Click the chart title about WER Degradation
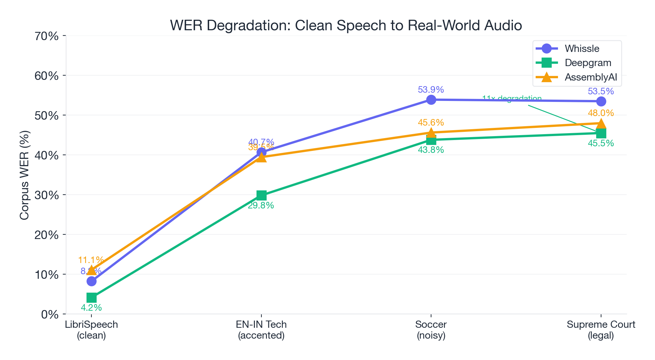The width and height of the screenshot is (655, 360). point(346,26)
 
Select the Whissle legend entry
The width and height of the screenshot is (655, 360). point(582,49)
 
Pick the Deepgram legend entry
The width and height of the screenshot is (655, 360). point(588,63)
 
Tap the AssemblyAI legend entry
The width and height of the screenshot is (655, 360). point(591,77)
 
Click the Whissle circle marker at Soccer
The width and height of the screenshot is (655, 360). point(431,100)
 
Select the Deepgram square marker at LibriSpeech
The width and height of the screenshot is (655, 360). point(91,298)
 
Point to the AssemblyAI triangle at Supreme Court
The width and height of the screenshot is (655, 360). point(601,124)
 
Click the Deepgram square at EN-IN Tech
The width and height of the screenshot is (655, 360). point(261,195)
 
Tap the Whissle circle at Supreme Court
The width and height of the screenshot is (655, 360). point(601,101)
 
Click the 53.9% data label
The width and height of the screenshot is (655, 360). point(431,90)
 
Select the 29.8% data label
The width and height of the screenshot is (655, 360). point(261,206)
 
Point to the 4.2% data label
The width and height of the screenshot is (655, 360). point(91,308)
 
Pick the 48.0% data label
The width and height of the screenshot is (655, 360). point(601,113)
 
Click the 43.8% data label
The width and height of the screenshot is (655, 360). point(431,150)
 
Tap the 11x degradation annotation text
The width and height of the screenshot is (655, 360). point(512,99)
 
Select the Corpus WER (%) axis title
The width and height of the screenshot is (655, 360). point(25,175)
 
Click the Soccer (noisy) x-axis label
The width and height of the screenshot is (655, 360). point(431,330)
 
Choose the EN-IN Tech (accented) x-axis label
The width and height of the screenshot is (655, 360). point(261,330)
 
